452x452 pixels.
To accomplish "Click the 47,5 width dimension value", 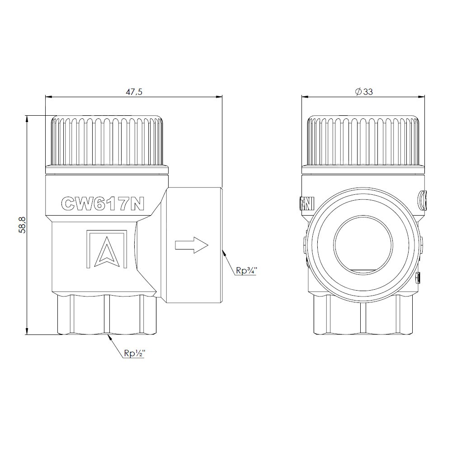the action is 134,92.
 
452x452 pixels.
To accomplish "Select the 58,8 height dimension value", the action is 23,225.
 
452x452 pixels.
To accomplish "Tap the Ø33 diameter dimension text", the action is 364,92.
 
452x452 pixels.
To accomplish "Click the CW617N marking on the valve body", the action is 103,204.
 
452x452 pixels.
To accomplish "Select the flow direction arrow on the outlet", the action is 192,245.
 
